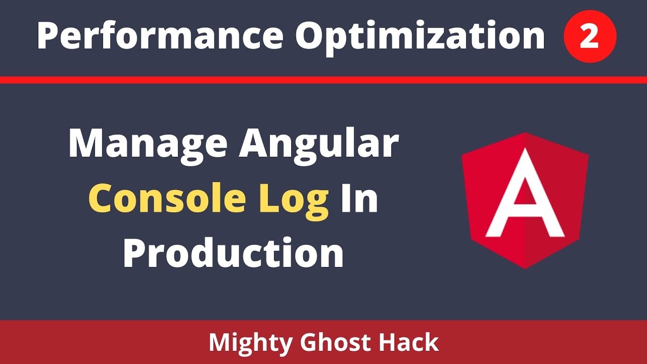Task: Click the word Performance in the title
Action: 159,36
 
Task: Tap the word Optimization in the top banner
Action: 420,36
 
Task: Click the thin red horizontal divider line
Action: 323,80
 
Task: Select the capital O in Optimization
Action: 310,36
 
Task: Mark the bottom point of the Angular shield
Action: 525,268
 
